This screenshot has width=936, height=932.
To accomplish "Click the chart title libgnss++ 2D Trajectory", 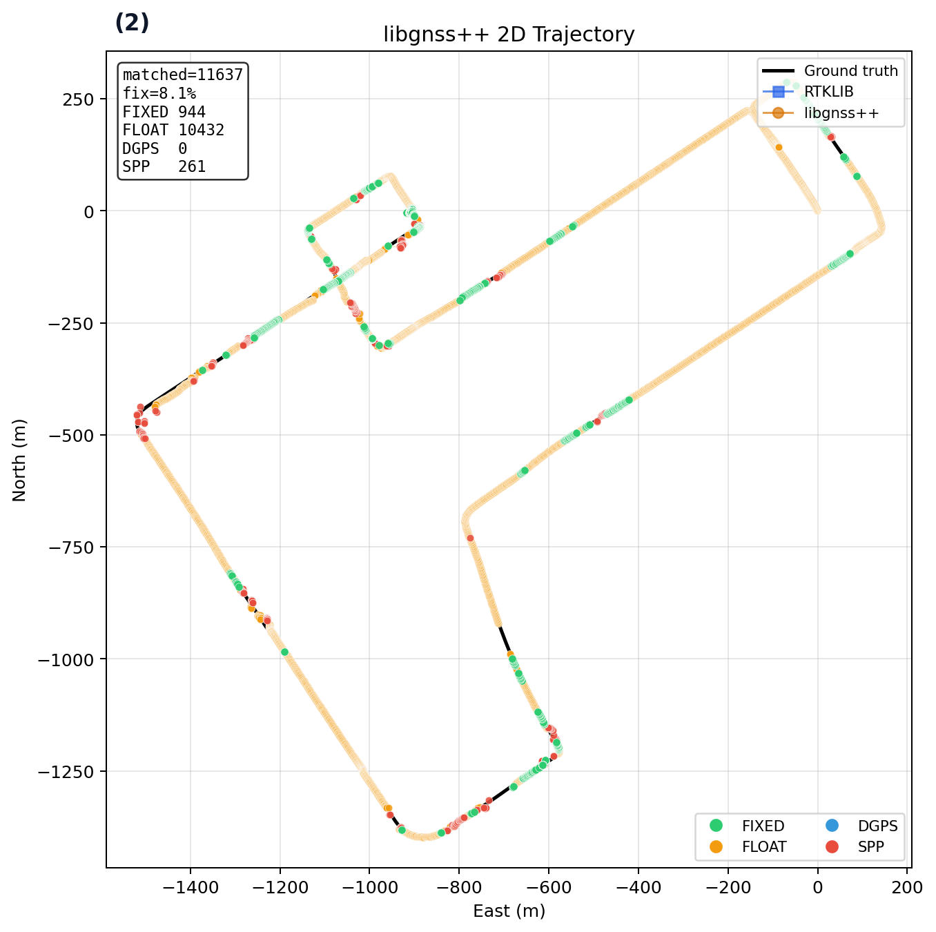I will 509,35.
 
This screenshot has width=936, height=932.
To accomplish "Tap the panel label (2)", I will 132,23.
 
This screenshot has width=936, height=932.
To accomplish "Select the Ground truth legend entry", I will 850,70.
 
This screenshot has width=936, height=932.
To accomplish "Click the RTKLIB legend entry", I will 828,92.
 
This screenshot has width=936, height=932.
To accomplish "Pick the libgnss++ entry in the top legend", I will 841,113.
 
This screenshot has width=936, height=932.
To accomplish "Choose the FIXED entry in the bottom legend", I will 763,826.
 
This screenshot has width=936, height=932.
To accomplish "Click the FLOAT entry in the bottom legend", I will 763,847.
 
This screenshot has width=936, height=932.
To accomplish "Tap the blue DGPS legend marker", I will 832,826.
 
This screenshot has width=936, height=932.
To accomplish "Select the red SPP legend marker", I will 832,847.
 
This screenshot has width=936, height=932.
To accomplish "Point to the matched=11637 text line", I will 183,75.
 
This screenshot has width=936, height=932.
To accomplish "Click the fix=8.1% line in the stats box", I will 159,93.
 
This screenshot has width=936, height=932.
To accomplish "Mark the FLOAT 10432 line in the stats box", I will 173,130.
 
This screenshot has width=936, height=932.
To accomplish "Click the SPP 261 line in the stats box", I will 164,166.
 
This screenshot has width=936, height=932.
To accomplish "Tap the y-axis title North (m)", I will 19,460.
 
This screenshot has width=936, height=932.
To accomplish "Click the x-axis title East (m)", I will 509,911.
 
